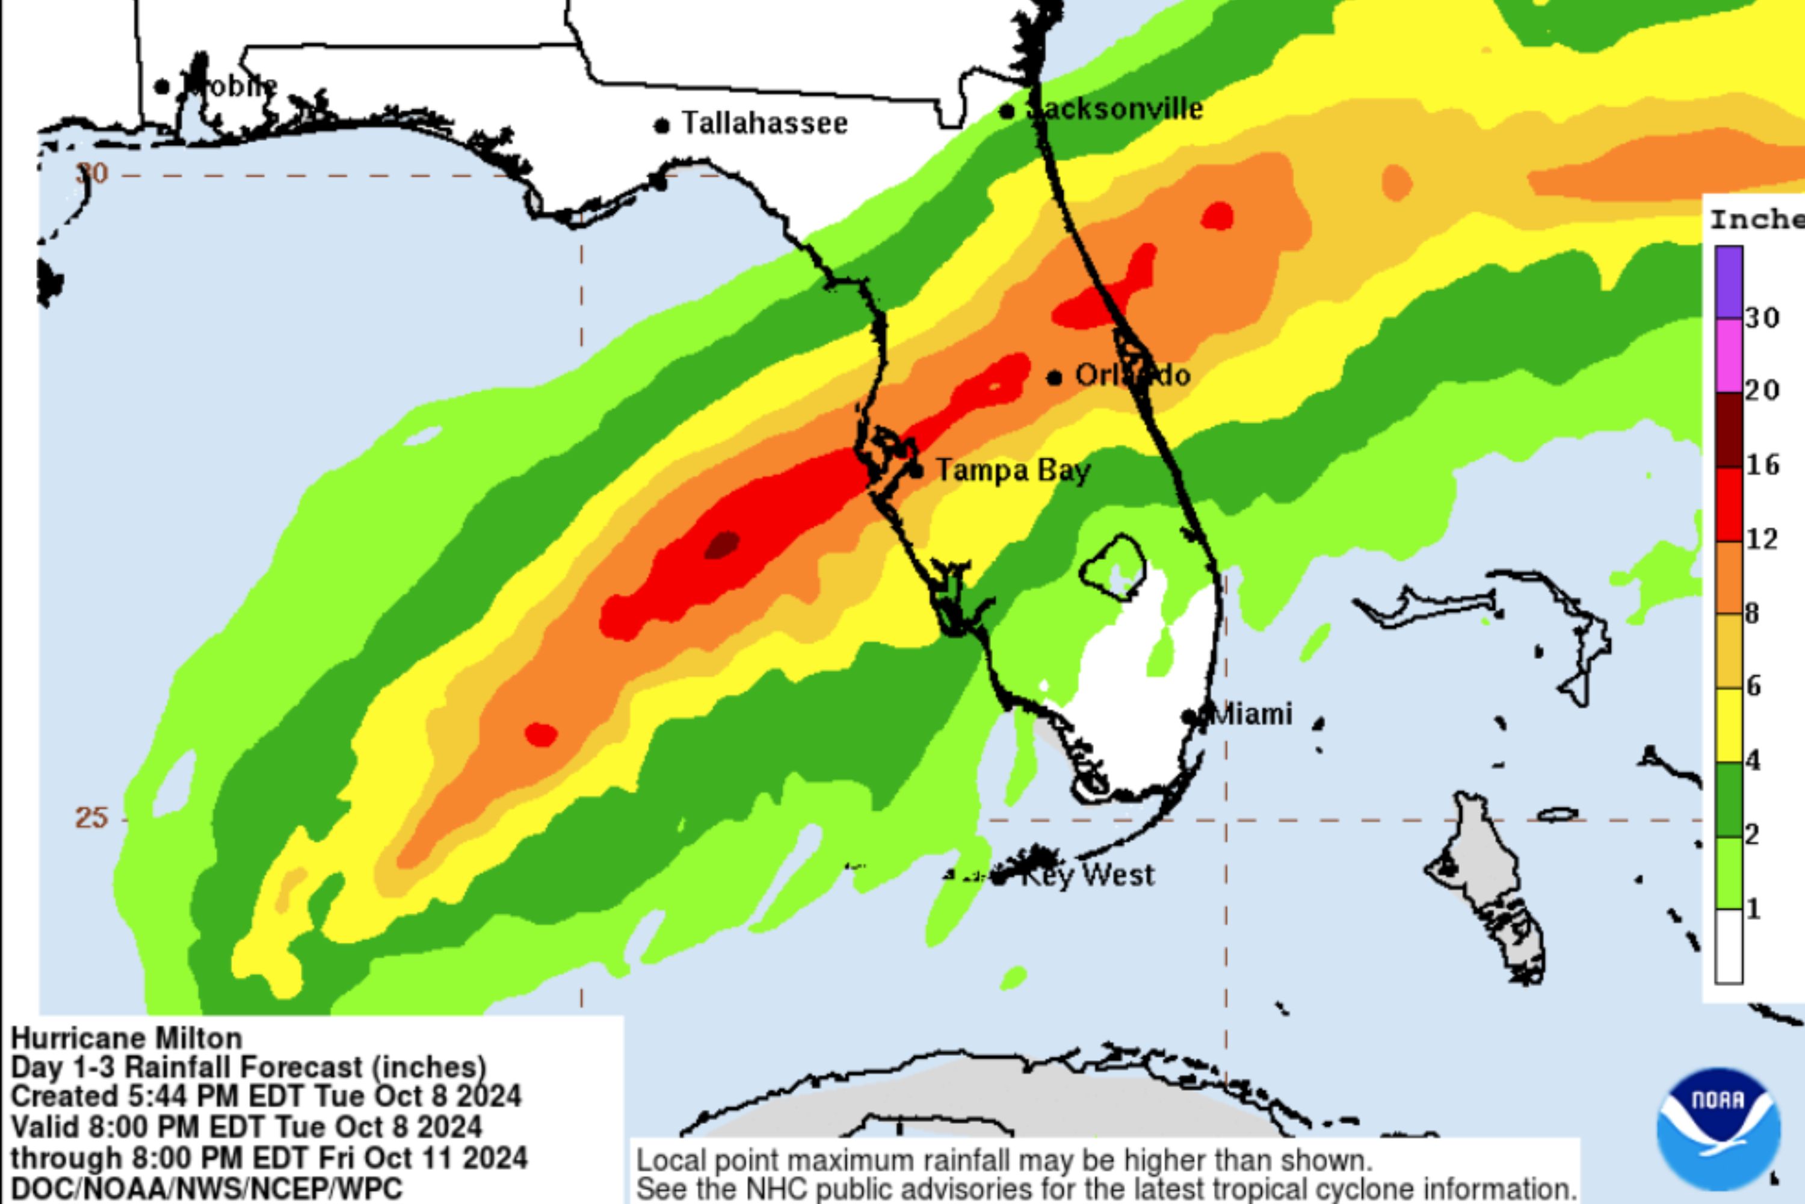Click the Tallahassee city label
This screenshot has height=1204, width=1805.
(x=764, y=123)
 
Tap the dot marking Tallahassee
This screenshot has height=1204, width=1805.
(x=661, y=125)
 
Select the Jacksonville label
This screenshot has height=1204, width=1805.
(x=1115, y=109)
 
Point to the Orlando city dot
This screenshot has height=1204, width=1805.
(x=1055, y=377)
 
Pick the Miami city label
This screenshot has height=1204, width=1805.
(x=1251, y=714)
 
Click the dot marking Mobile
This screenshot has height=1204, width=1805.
(x=162, y=87)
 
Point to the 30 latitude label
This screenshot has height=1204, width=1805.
(x=92, y=173)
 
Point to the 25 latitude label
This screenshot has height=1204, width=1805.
(x=91, y=818)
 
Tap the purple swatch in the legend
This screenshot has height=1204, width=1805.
(x=1729, y=282)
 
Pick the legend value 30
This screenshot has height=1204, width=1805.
(x=1763, y=317)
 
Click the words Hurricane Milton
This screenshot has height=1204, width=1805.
(x=126, y=1038)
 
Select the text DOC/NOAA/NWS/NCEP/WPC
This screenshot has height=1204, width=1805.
(x=206, y=1188)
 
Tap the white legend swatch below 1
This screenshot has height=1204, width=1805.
(x=1729, y=946)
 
